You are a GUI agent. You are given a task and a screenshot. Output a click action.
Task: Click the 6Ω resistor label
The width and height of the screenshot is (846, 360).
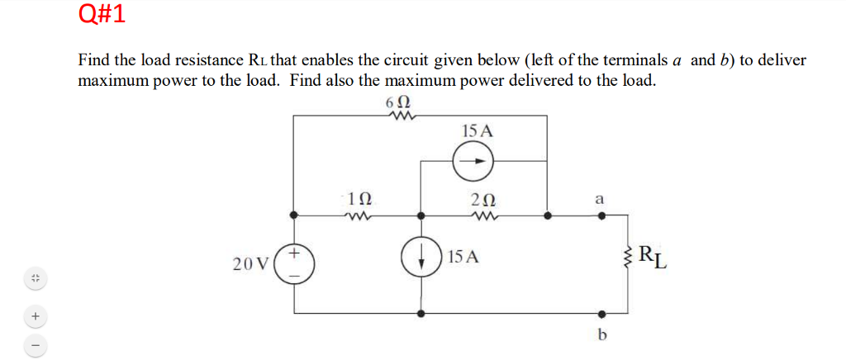[398, 104]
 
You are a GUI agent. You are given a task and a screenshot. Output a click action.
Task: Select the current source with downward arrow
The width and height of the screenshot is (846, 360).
[421, 258]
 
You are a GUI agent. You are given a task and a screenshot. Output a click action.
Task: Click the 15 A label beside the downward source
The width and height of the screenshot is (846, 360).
[463, 257]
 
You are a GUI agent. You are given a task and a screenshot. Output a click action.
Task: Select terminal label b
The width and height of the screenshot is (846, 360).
[601, 334]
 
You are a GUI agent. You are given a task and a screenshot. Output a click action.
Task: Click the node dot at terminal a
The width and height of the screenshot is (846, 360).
[601, 216]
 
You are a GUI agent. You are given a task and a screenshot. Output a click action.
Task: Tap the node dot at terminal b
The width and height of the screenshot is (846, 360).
[601, 314]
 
